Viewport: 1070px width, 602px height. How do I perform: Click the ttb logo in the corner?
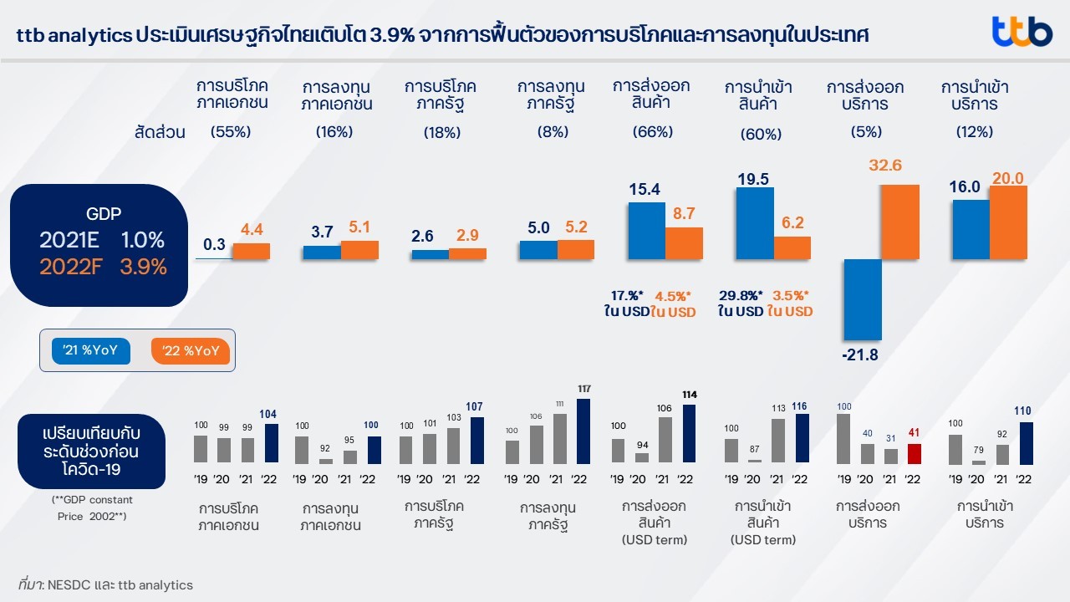click(x=1022, y=32)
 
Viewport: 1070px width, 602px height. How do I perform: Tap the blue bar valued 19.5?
click(x=754, y=223)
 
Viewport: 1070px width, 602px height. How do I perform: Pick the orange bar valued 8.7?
click(x=684, y=243)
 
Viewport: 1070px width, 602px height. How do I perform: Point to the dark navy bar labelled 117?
click(x=583, y=431)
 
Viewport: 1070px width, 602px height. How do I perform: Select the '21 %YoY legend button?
click(x=91, y=350)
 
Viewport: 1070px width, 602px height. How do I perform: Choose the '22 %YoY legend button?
click(x=190, y=350)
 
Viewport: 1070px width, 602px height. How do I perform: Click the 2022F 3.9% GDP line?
click(x=103, y=267)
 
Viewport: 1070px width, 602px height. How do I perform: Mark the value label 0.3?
click(x=214, y=244)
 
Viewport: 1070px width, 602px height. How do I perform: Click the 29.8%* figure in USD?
click(x=740, y=295)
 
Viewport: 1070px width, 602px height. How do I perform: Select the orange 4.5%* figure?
click(x=673, y=295)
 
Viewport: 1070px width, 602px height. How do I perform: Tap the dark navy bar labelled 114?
click(x=690, y=434)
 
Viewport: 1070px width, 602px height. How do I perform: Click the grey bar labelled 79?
click(x=978, y=462)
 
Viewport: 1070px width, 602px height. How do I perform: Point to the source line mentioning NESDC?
click(x=105, y=585)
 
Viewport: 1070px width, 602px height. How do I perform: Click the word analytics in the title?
click(x=91, y=36)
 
